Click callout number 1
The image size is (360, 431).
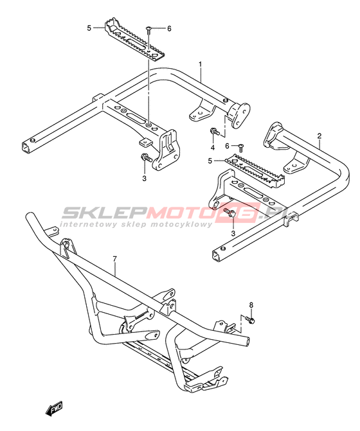pyautogui.click(x=201, y=65)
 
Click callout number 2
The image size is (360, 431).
pyautogui.click(x=319, y=136)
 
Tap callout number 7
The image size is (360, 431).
pyautogui.click(x=114, y=259)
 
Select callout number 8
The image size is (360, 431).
pyautogui.click(x=251, y=305)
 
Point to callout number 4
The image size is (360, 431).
pyautogui.click(x=213, y=148)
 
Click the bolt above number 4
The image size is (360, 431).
pyautogui.click(x=215, y=132)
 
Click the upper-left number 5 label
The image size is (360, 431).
pyautogui.click(x=89, y=28)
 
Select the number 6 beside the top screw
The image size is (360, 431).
pyautogui.click(x=169, y=28)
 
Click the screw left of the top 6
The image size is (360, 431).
pyautogui.click(x=148, y=30)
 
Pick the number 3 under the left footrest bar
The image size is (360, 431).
pyautogui.click(x=145, y=179)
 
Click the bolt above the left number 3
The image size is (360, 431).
pyautogui.click(x=146, y=158)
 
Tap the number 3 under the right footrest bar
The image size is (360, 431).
pyautogui.click(x=233, y=233)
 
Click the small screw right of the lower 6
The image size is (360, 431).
pyautogui.click(x=241, y=147)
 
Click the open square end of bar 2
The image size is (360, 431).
pyautogui.click(x=217, y=256)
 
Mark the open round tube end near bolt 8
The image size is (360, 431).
pyautogui.click(x=248, y=341)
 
